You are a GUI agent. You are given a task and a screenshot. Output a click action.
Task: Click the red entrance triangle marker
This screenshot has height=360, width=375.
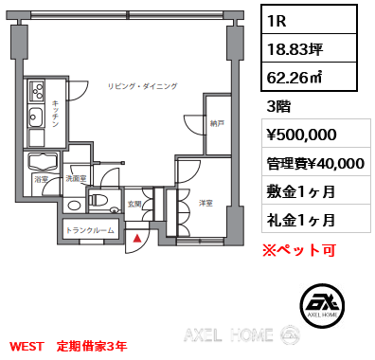pyautogui.click(x=137, y=238)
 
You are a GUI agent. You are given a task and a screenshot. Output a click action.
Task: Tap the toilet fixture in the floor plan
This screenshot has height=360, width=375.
pyautogui.click(x=98, y=200)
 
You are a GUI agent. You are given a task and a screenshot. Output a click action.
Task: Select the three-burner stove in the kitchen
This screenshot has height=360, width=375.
pyautogui.click(x=37, y=91)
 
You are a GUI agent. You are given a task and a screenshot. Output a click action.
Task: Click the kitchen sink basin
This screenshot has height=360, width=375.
pyautogui.click(x=36, y=117)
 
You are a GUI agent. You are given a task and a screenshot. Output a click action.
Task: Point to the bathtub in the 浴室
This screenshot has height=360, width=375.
pyautogui.click(x=43, y=162)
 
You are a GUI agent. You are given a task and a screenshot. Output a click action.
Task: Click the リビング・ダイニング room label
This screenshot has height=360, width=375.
pyautogui.click(x=143, y=86)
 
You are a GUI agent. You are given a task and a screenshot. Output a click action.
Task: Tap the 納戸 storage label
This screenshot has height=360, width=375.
pyautogui.click(x=217, y=123)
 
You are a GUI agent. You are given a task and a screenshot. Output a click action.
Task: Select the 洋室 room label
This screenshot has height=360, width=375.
pyautogui.click(x=205, y=203)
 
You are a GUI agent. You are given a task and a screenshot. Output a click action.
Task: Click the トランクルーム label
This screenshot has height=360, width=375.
pyautogui.click(x=90, y=230)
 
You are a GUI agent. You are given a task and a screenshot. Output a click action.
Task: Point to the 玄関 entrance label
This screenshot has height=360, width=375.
pyautogui.click(x=134, y=205)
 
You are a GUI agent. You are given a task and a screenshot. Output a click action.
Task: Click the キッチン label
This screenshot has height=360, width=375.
pyautogui.click(x=56, y=114)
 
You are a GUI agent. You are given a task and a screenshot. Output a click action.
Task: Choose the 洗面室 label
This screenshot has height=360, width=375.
pyautogui.click(x=76, y=179)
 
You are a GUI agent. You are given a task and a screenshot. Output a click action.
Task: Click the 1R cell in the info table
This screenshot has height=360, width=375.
pyautogui.click(x=309, y=20)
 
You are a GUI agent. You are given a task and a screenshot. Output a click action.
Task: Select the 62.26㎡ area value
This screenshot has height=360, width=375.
pyautogui.click(x=295, y=77)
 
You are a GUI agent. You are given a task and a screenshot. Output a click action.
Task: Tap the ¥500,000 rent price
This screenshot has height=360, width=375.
pyautogui.click(x=302, y=135)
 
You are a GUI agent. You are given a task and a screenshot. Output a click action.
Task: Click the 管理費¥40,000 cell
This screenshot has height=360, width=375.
pyautogui.click(x=315, y=163)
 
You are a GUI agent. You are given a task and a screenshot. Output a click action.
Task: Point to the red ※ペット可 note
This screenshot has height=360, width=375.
pyautogui.click(x=299, y=250)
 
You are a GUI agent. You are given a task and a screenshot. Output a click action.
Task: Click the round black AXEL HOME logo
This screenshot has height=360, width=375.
pyautogui.click(x=322, y=305)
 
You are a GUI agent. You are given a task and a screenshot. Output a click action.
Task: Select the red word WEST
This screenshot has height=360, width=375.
pyautogui.click(x=27, y=347)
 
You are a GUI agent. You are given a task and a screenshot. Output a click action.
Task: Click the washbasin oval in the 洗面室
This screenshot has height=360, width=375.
pyautogui.click(x=74, y=206)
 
